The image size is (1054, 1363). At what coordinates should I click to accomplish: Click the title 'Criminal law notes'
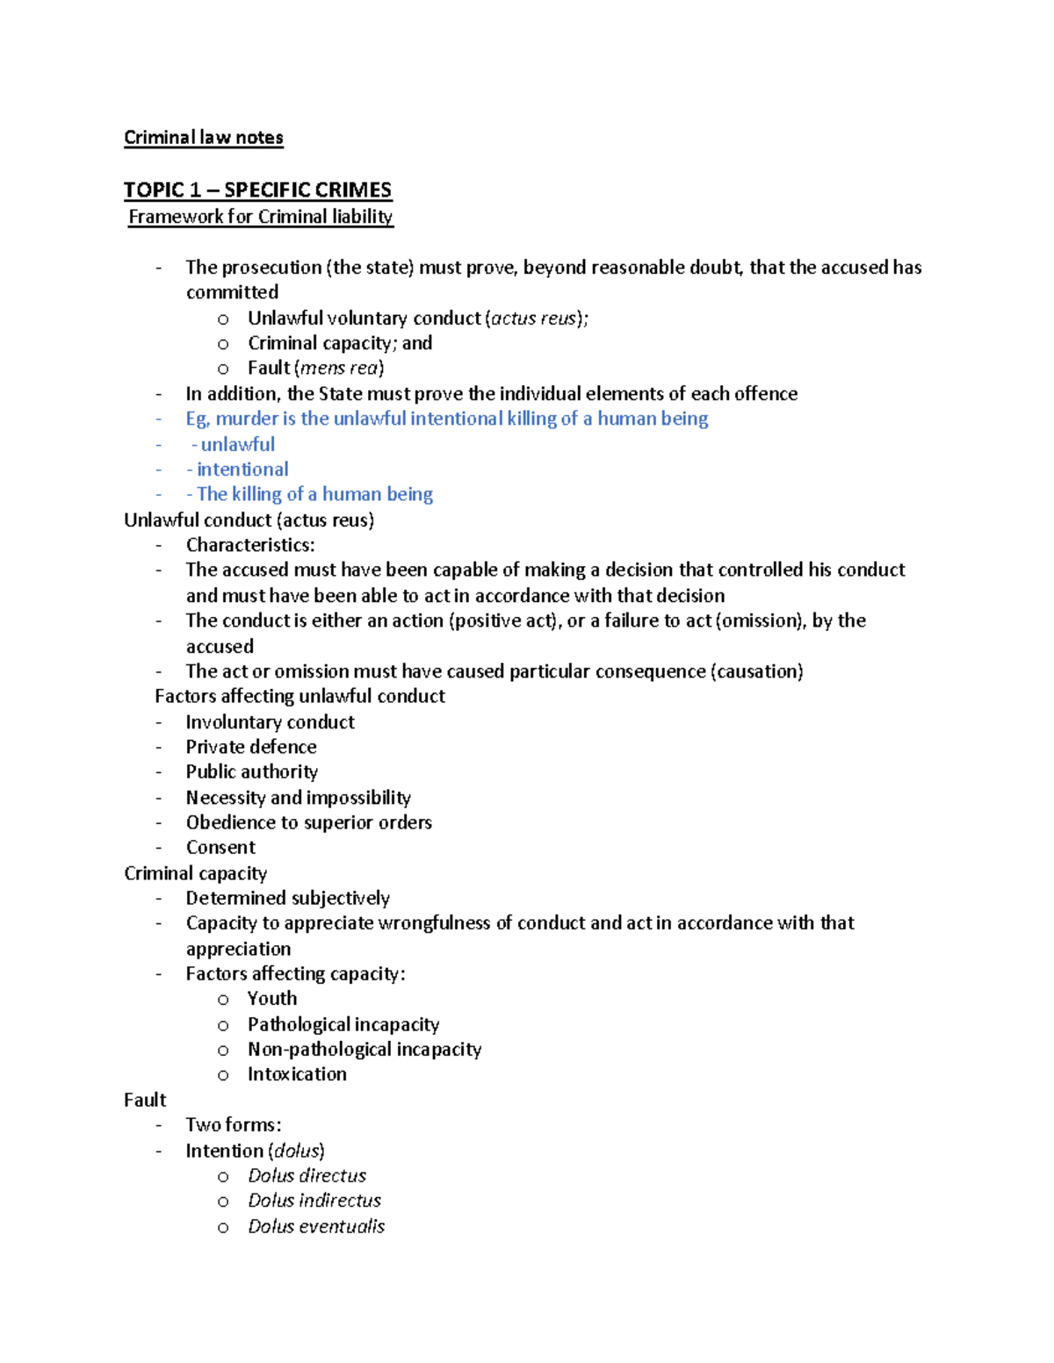[203, 138]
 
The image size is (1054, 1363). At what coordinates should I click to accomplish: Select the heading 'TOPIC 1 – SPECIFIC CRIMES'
[257, 190]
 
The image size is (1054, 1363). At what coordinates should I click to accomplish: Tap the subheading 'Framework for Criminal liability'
[260, 217]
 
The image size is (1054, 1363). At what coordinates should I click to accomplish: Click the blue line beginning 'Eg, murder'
[446, 419]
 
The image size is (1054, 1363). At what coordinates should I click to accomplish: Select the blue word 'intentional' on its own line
[242, 470]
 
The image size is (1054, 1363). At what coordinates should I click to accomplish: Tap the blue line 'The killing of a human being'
[314, 494]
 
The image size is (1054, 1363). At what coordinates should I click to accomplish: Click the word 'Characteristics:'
[249, 545]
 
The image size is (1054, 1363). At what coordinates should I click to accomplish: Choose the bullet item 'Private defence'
[250, 747]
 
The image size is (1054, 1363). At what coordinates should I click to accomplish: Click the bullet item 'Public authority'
[251, 771]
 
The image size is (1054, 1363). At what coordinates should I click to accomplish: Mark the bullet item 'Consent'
[220, 848]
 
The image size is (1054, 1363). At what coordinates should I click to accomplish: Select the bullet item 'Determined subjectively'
[287, 898]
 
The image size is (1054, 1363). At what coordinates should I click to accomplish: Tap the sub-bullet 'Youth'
[271, 999]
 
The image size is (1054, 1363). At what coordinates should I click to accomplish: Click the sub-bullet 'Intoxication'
[297, 1074]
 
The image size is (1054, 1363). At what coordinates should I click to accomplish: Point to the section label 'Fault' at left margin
[145, 1101]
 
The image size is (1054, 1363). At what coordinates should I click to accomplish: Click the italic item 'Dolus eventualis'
[316, 1227]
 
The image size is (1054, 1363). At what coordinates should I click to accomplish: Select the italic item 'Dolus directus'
[307, 1176]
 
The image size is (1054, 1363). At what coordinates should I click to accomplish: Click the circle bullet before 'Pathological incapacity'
[223, 1026]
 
